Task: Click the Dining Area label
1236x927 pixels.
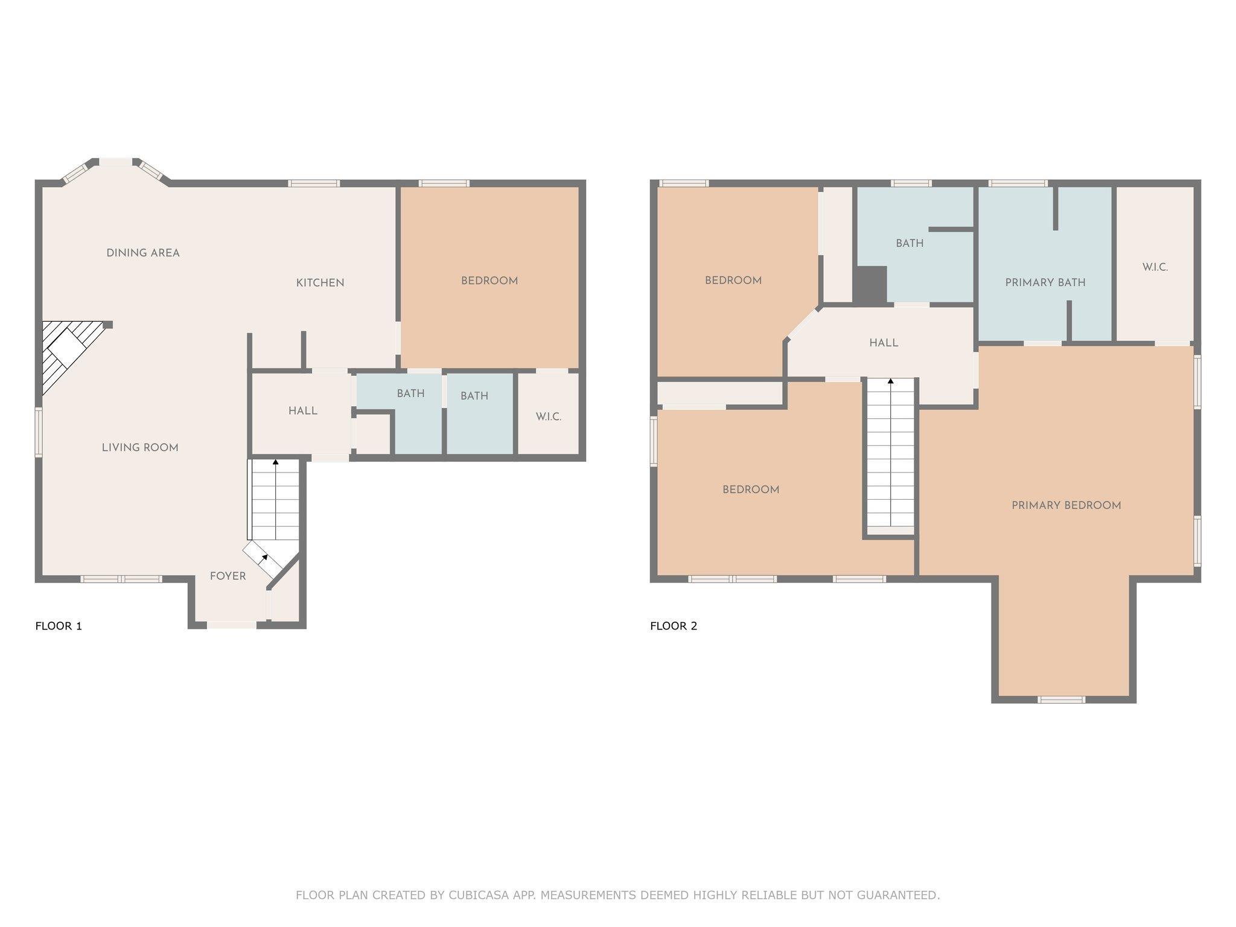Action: (x=143, y=253)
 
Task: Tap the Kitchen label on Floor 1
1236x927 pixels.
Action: (x=320, y=282)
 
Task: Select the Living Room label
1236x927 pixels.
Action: (x=140, y=447)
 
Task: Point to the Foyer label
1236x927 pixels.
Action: (x=228, y=576)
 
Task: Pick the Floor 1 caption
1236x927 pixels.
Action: (x=59, y=626)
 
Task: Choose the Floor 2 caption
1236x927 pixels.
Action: (x=674, y=626)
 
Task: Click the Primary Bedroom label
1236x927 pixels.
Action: (x=1066, y=505)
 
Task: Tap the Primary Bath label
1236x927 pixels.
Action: (x=1045, y=282)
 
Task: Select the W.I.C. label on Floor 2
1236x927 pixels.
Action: (x=1155, y=267)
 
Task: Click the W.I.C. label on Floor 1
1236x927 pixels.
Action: (x=549, y=416)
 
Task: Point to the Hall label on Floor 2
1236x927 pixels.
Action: (x=884, y=343)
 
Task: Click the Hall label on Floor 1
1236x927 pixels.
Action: (x=302, y=410)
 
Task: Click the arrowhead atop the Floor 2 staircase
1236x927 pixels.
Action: (x=890, y=381)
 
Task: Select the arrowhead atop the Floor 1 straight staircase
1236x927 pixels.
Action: (x=276, y=462)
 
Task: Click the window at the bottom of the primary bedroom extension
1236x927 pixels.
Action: (x=1062, y=699)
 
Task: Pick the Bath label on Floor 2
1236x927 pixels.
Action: (x=909, y=243)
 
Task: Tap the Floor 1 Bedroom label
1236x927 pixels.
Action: (x=489, y=281)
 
